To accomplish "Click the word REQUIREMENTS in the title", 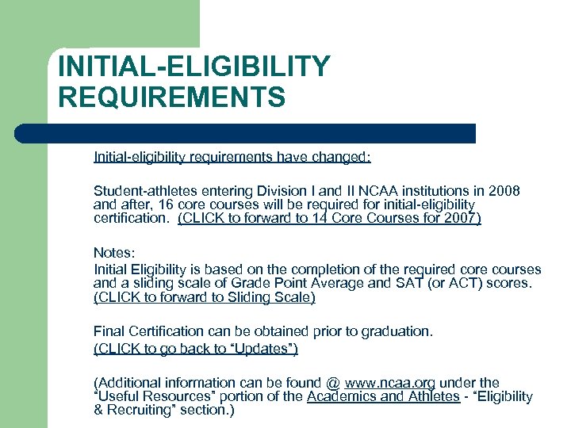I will [x=171, y=97].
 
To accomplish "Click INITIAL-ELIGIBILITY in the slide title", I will [x=194, y=67].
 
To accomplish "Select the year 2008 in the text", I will [x=504, y=191].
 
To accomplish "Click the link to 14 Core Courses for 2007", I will [x=329, y=218].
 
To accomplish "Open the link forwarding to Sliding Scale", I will [x=205, y=297].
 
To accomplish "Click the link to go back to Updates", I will [x=195, y=349].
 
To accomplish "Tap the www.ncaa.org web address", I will [x=390, y=383].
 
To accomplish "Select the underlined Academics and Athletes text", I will [x=383, y=396].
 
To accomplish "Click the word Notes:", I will [x=113, y=253].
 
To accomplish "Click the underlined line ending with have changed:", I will [x=232, y=158].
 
